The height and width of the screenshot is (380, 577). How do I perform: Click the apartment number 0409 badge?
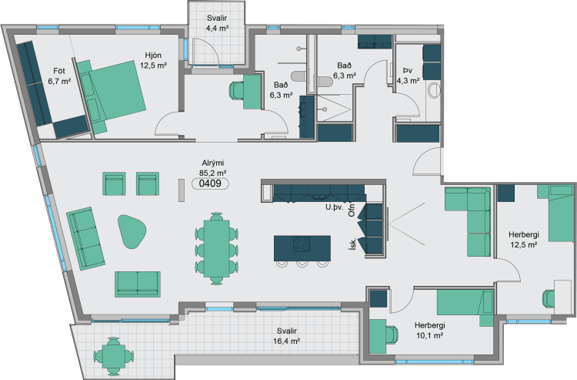(x=210, y=183)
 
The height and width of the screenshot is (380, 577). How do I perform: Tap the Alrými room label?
(x=212, y=163)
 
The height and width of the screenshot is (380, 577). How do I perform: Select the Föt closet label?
(x=59, y=71)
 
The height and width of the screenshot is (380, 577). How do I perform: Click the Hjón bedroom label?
(x=153, y=55)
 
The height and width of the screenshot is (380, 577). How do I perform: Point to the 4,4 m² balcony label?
(x=217, y=28)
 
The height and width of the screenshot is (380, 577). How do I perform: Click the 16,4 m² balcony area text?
(x=287, y=341)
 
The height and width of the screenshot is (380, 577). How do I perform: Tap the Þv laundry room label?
(x=407, y=70)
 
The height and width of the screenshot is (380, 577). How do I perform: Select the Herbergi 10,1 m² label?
(x=429, y=330)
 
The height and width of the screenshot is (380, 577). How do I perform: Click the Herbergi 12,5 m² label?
(x=524, y=239)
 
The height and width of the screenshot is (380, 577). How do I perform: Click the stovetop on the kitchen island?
(x=302, y=244)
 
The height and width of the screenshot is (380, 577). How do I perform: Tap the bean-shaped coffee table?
(x=132, y=231)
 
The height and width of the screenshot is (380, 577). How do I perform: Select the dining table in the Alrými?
(x=217, y=248)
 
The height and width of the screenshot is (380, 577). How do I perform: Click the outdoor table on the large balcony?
(x=114, y=356)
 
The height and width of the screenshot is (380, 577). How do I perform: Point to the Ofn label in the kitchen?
(x=352, y=210)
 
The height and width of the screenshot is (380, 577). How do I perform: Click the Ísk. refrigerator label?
(x=353, y=244)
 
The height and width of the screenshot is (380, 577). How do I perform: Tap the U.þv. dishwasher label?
(x=334, y=207)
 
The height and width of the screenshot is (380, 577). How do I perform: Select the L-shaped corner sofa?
(x=468, y=221)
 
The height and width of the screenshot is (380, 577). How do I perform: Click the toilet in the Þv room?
(x=434, y=91)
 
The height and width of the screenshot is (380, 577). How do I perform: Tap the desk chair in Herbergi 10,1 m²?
(x=392, y=335)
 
